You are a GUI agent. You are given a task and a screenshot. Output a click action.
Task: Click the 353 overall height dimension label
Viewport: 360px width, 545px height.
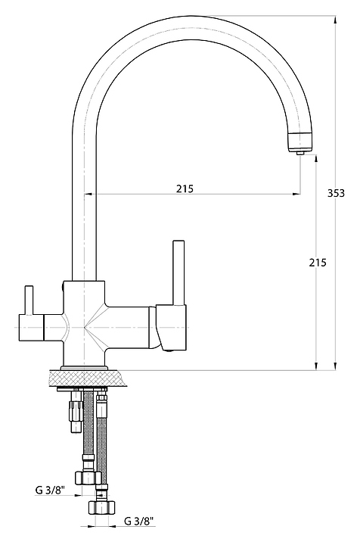336,193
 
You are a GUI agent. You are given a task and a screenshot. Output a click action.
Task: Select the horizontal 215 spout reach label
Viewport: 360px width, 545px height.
185,188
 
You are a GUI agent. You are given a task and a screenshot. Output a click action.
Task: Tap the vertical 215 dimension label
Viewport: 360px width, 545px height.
318,263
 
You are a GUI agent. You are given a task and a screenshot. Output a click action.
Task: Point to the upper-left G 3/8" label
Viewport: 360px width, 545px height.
50,490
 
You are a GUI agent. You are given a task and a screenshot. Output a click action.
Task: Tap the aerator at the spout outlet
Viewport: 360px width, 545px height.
299,142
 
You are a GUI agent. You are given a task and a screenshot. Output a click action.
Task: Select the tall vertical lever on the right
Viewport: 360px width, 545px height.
178,272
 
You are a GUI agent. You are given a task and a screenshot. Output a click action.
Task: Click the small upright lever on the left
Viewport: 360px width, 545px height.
29,301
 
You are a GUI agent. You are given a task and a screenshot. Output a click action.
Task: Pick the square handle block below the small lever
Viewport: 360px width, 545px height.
31,328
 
